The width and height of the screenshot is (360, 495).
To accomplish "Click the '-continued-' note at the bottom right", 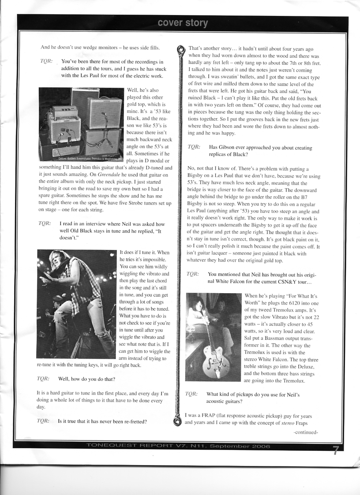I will pyautogui.click(x=306, y=432).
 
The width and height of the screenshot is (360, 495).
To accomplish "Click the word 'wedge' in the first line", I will pyautogui.click(x=92, y=47).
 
